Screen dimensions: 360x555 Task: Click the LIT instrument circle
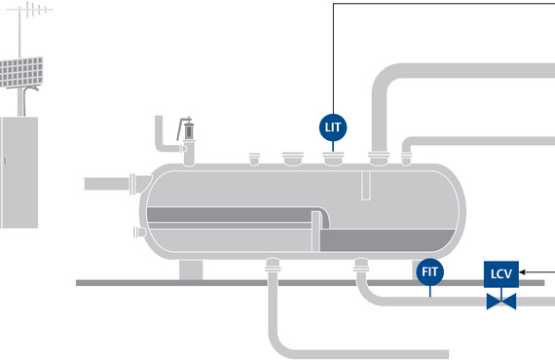[x=334, y=126]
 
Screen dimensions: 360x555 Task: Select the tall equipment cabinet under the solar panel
[x=18, y=169]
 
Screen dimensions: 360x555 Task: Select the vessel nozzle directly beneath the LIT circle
[x=334, y=156]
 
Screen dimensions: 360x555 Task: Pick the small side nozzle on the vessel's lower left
[x=136, y=232]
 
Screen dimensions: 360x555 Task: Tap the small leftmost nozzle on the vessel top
[x=255, y=158]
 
